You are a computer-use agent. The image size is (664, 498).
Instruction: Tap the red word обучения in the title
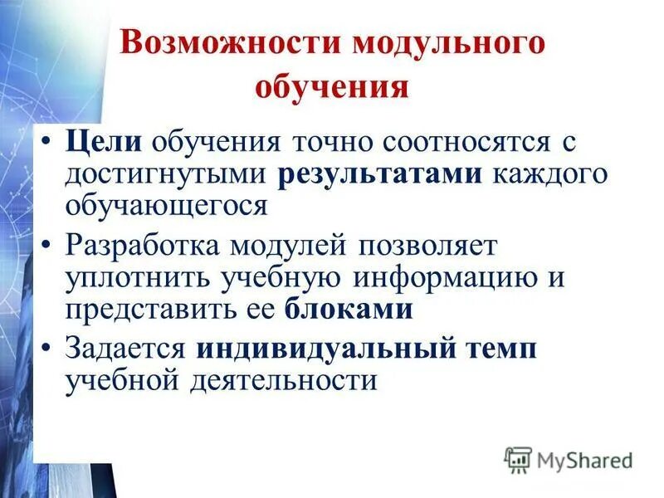332,87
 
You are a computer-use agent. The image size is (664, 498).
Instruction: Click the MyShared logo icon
519,459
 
